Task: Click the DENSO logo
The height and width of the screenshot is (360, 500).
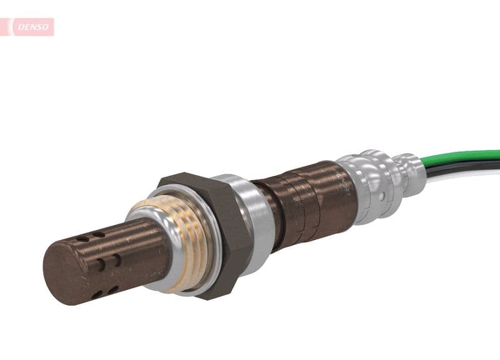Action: click(x=31, y=27)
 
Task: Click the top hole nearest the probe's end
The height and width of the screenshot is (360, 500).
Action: click(x=83, y=238)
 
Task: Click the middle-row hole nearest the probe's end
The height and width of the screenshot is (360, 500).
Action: click(x=100, y=264)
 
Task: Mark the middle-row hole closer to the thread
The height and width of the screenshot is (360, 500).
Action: click(x=116, y=259)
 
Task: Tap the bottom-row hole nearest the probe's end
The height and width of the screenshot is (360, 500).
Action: click(x=97, y=294)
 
